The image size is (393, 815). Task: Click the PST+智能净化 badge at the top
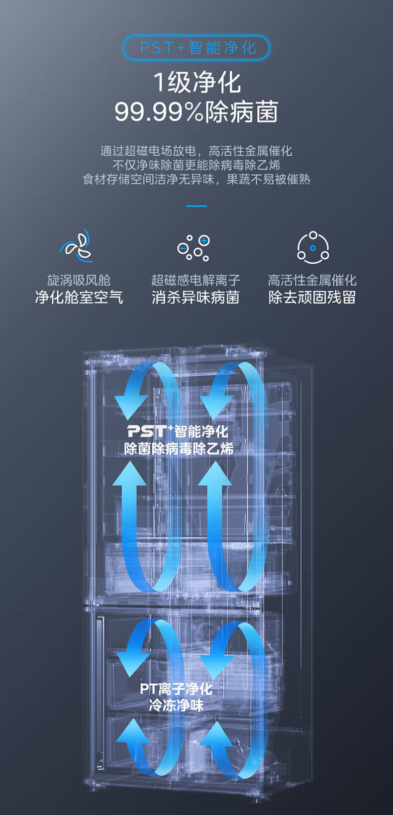click(196, 48)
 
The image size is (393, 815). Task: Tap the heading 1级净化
click(197, 83)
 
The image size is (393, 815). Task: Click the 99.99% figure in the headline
click(159, 112)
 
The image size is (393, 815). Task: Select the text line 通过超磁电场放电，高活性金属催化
click(196, 151)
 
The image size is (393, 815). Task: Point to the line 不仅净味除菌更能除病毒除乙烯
click(196, 165)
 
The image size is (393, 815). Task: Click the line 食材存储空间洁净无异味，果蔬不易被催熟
click(196, 179)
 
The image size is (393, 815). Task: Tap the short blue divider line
click(196, 206)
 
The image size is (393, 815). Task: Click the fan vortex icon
click(77, 246)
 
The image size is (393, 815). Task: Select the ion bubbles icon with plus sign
click(194, 247)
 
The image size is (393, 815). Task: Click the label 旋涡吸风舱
click(79, 280)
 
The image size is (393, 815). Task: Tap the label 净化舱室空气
click(79, 297)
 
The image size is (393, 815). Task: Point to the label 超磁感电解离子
click(196, 280)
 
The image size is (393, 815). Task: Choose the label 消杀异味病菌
click(196, 297)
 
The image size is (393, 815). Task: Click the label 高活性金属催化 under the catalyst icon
click(312, 280)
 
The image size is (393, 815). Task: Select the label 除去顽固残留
click(312, 297)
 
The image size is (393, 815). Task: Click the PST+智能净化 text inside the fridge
click(178, 431)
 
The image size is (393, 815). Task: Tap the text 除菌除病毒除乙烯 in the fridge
click(179, 449)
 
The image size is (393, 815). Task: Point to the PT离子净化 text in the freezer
click(176, 689)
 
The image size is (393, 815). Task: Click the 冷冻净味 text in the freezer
click(176, 706)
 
